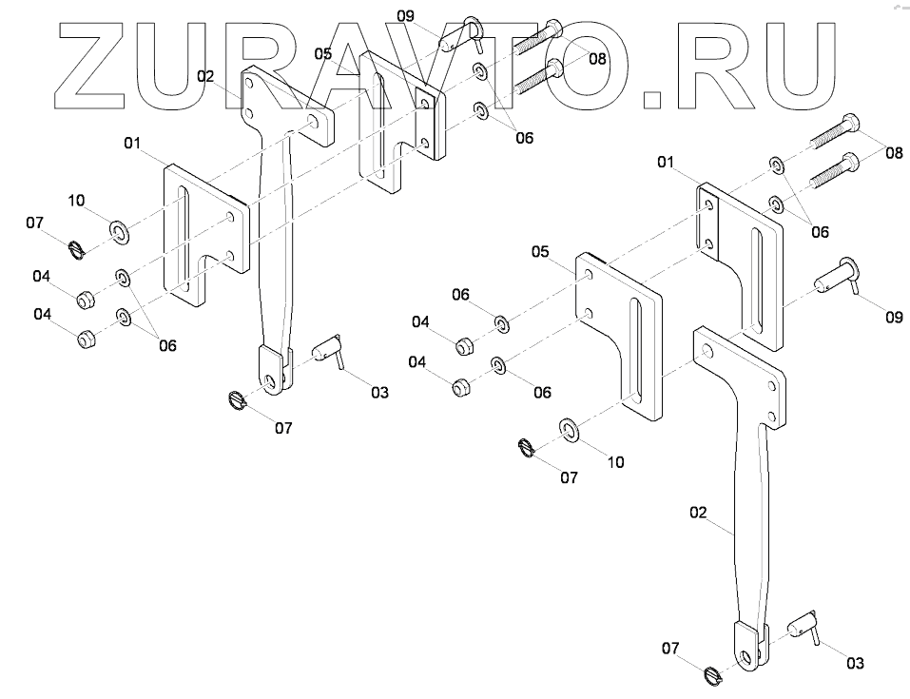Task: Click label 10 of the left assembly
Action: pyautogui.click(x=77, y=200)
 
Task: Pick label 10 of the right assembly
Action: pyautogui.click(x=615, y=462)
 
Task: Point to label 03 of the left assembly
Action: pyautogui.click(x=379, y=392)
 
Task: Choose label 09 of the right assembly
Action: pyautogui.click(x=893, y=318)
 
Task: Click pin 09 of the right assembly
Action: pyautogui.click(x=836, y=282)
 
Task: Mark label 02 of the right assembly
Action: pyautogui.click(x=698, y=512)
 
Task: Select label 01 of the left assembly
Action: pyautogui.click(x=132, y=144)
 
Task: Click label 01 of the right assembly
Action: pyautogui.click(x=666, y=165)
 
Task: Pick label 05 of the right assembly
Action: pyautogui.click(x=539, y=252)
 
